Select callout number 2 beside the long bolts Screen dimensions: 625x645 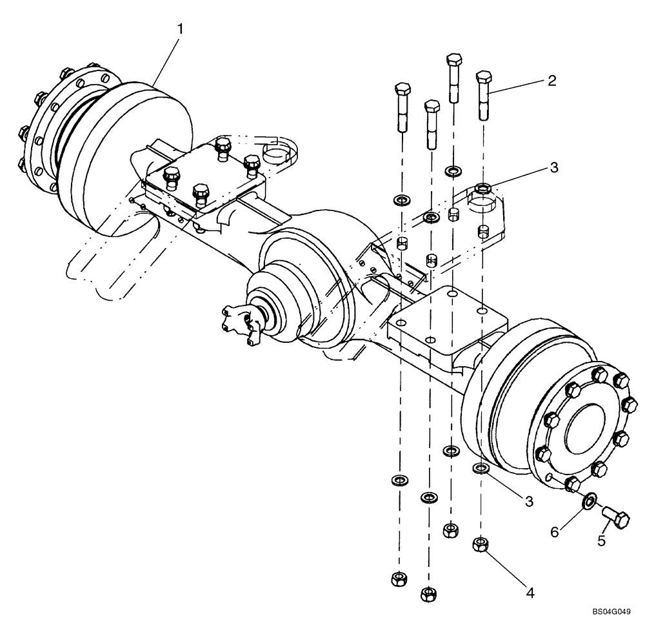551,81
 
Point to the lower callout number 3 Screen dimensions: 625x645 529,500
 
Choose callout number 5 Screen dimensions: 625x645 601,540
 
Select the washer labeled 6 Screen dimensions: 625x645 589,500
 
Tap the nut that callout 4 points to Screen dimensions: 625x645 479,544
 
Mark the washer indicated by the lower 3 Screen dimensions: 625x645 481,467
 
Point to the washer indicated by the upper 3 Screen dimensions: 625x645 482,189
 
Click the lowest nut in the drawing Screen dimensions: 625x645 427,592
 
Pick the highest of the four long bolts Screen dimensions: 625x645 454,77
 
